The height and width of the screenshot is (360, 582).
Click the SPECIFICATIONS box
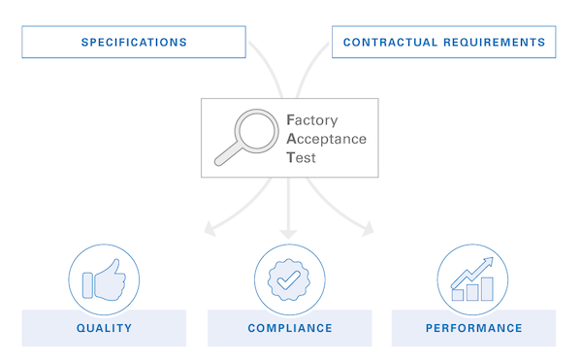(x=133, y=43)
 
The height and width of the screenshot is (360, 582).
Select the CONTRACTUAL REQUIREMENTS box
(x=443, y=43)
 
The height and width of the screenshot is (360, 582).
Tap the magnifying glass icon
(x=245, y=135)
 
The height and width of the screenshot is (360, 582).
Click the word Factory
(x=314, y=120)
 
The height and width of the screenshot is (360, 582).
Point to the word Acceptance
(x=327, y=139)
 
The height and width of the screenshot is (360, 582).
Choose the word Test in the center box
(x=302, y=156)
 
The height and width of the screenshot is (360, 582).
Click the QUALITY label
(x=104, y=328)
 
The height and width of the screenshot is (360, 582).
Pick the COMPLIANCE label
(x=289, y=328)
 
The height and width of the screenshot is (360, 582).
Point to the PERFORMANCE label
(x=473, y=328)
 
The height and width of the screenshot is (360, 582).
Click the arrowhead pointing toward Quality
(x=206, y=230)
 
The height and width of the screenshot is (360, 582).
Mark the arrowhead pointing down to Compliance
(x=289, y=233)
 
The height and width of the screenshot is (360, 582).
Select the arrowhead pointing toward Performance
(x=368, y=230)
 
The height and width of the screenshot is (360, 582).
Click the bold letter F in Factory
(x=290, y=120)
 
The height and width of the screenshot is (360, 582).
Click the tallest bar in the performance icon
(x=487, y=288)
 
